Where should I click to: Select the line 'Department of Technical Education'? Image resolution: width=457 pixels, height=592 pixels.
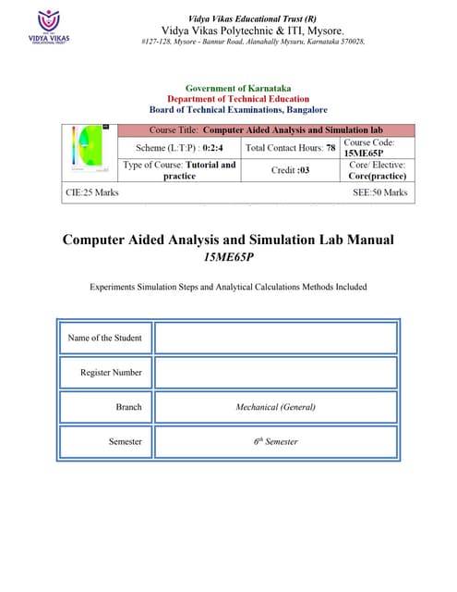[238, 99]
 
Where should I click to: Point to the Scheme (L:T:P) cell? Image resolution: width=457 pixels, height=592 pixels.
[181, 148]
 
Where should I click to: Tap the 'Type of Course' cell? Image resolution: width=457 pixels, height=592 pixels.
[181, 170]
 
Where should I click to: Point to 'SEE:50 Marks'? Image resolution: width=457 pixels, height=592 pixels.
[379, 192]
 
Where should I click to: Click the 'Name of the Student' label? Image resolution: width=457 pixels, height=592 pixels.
[105, 338]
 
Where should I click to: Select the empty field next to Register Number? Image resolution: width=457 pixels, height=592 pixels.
[275, 372]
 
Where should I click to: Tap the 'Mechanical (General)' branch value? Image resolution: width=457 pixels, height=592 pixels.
[275, 407]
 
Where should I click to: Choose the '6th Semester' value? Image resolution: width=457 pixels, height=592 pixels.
[275, 442]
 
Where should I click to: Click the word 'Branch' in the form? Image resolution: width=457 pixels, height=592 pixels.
[128, 407]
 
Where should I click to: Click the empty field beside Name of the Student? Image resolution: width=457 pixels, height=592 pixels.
[275, 338]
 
